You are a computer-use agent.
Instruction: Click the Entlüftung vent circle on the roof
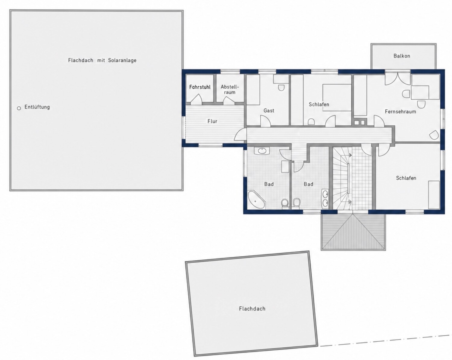click(19, 108)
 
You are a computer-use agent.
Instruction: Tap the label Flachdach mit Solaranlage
click(102, 61)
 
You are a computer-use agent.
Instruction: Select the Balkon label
click(402, 56)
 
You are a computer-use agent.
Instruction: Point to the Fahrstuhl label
click(200, 87)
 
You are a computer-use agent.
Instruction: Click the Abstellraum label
click(230, 89)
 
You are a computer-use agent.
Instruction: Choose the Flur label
click(212, 121)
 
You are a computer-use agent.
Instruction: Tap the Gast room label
click(269, 111)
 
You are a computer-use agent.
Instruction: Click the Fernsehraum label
click(400, 111)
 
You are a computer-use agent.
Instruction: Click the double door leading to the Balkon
click(397, 79)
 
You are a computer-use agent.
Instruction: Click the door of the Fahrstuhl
click(196, 99)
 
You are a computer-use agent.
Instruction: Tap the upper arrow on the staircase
click(350, 155)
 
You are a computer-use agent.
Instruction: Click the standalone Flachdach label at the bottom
click(252, 308)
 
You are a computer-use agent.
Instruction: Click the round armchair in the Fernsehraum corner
click(434, 135)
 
